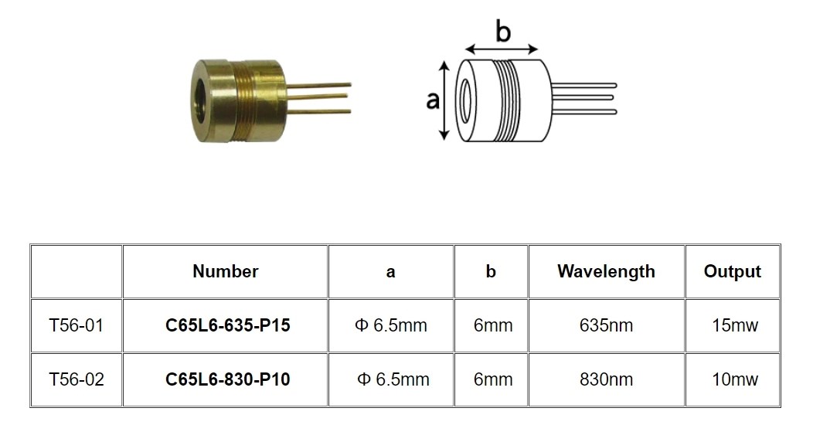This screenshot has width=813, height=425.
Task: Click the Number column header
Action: tap(225, 271)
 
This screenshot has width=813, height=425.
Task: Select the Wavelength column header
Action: tap(606, 271)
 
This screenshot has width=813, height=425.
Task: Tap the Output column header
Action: tap(732, 271)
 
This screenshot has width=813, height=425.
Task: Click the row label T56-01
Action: tap(77, 325)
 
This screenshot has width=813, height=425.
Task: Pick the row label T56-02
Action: tap(77, 379)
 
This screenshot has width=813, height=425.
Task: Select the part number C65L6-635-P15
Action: tap(228, 325)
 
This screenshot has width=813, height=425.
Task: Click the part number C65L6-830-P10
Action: tap(228, 379)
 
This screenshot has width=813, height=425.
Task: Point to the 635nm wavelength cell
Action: tap(606, 325)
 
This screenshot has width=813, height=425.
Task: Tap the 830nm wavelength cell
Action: tap(606, 379)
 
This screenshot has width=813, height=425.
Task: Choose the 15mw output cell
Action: tap(735, 325)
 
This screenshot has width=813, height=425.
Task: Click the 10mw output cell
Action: tap(735, 379)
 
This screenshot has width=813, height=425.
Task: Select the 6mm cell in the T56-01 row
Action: tap(492, 325)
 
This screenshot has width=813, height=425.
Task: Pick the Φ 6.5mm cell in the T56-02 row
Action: tap(393, 379)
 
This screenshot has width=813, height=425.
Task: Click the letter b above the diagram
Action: tap(502, 31)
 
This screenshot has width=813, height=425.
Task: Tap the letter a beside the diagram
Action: tap(433, 100)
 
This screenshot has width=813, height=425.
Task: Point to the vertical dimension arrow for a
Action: tap(444, 100)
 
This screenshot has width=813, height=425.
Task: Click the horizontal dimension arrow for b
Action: tap(502, 49)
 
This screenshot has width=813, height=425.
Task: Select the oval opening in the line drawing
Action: tap(466, 100)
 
